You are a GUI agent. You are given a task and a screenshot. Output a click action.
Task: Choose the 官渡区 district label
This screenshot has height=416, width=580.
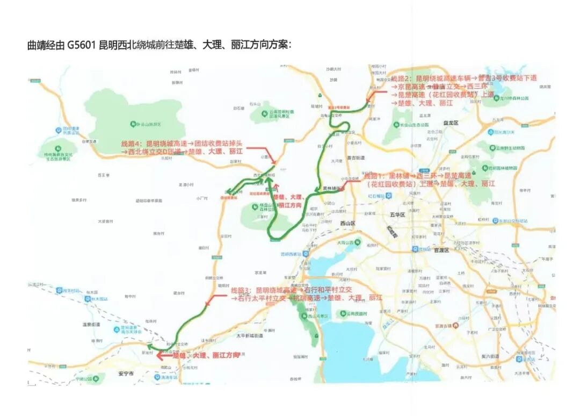pos(440,250)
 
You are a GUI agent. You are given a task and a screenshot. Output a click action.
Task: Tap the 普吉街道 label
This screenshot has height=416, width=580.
pos(356,157)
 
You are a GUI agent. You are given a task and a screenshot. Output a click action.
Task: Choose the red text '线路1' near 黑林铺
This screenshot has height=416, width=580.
pos(373,176)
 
